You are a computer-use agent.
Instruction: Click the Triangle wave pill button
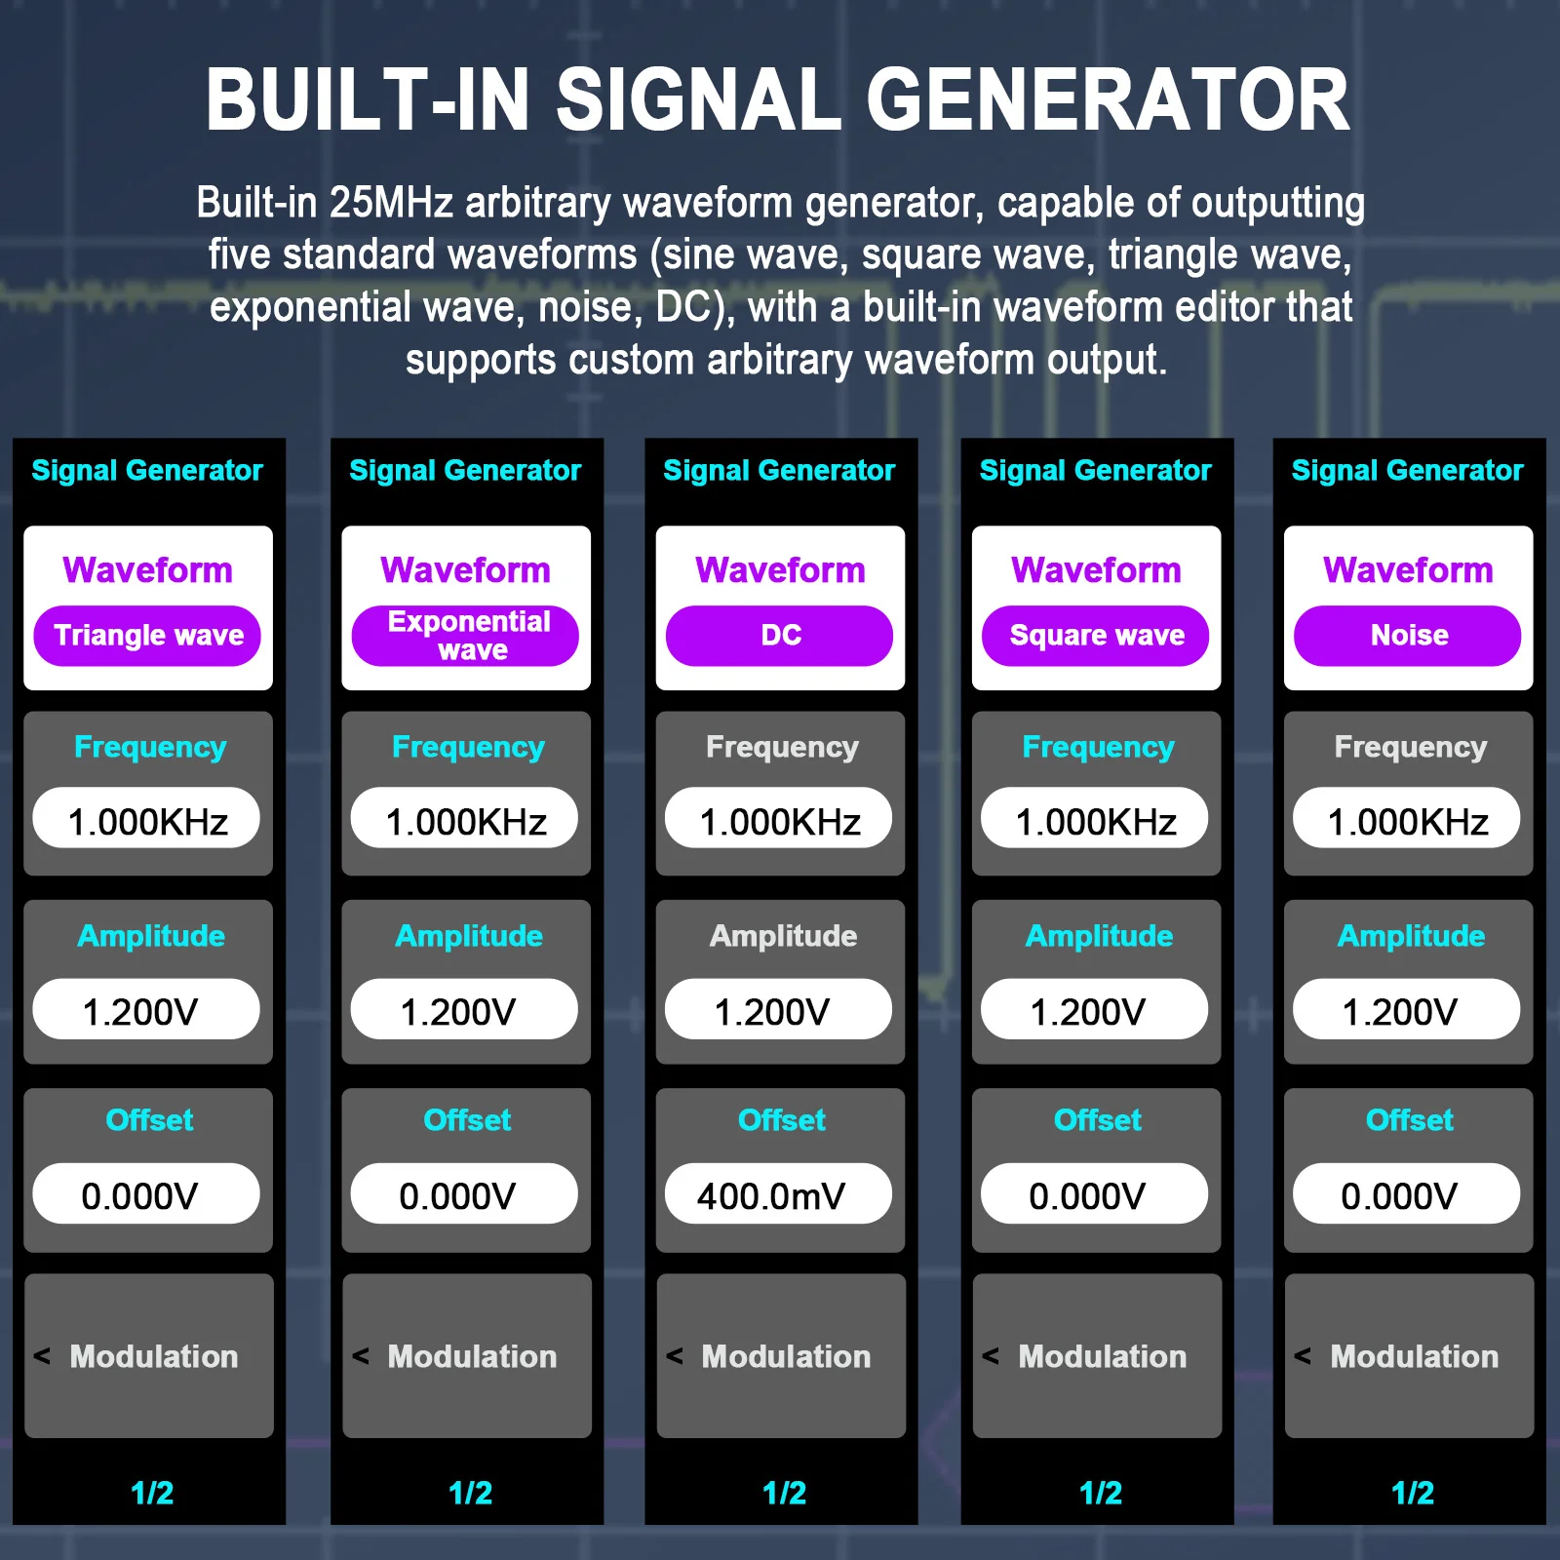click(147, 636)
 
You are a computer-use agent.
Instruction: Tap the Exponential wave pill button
click(465, 636)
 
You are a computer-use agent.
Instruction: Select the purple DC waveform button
click(779, 636)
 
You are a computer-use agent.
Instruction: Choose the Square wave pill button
click(1095, 636)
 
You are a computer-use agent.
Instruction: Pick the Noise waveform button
click(1407, 636)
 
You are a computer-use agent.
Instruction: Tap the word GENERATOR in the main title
click(1107, 100)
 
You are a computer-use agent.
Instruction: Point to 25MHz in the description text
click(391, 203)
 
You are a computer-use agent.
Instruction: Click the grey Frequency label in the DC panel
click(782, 747)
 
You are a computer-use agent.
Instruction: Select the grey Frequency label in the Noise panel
click(1410, 747)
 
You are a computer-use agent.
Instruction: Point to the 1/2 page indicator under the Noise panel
click(1412, 1493)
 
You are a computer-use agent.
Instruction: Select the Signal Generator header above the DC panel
click(779, 471)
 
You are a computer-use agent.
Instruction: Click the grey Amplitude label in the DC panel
click(783, 936)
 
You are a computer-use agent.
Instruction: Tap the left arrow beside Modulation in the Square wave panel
click(991, 1355)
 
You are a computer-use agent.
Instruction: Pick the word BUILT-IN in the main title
click(367, 100)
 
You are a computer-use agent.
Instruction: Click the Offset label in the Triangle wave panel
click(149, 1120)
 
